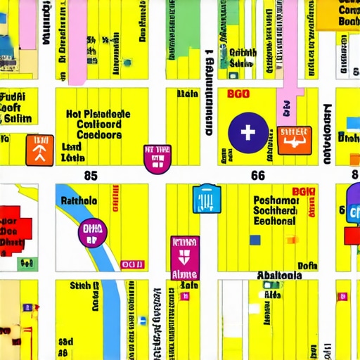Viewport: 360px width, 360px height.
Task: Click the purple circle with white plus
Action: coord(248,131)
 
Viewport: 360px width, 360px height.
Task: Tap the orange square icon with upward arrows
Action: coord(39,150)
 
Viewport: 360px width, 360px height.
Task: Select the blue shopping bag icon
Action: coord(206,199)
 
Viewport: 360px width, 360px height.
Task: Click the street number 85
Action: coord(90,175)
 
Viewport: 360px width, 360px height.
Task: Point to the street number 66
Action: coord(258,176)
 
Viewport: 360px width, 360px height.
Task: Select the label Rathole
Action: coord(79,200)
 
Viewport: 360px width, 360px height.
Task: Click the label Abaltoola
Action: coord(280,276)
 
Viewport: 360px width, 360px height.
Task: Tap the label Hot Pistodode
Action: coord(98,114)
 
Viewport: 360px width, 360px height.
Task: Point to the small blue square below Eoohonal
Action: coord(255,240)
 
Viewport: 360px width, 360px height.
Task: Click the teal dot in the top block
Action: coord(127,63)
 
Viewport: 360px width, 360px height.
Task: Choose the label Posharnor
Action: coord(276,200)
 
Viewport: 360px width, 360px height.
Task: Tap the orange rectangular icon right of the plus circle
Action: coord(294,139)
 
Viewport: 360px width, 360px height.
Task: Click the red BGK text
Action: coord(304,191)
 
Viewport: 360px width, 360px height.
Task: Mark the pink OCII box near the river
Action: coord(131,264)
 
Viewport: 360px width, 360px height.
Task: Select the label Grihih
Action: coord(243,52)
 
